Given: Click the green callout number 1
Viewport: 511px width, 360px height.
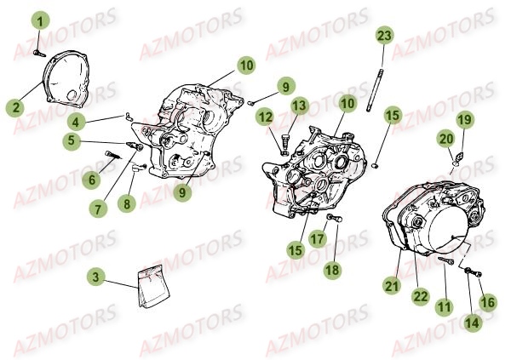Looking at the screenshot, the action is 40,22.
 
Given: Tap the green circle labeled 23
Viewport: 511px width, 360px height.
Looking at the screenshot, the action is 384,36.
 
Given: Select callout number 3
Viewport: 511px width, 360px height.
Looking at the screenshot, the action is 95,277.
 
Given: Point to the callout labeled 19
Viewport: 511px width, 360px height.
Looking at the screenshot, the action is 465,119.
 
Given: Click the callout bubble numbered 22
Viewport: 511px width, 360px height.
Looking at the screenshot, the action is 420,296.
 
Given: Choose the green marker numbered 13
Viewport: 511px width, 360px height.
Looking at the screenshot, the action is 299,106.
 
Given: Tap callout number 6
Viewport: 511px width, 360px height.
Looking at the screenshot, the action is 91,180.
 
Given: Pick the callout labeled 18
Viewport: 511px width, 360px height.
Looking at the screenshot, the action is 332,270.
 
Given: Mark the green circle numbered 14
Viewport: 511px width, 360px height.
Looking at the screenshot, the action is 472,323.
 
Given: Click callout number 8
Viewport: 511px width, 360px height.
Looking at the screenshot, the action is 126,204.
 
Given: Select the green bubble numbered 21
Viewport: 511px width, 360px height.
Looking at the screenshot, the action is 392,286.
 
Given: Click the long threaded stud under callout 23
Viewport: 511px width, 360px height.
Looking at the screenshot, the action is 375,90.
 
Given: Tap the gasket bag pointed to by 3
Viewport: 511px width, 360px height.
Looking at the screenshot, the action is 154,285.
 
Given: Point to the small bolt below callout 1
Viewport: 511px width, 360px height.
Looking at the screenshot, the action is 39,53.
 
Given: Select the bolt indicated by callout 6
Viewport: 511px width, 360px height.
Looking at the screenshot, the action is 112,155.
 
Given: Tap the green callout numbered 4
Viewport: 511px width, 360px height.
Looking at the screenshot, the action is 76,123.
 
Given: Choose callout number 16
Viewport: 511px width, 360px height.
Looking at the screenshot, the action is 488,302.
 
